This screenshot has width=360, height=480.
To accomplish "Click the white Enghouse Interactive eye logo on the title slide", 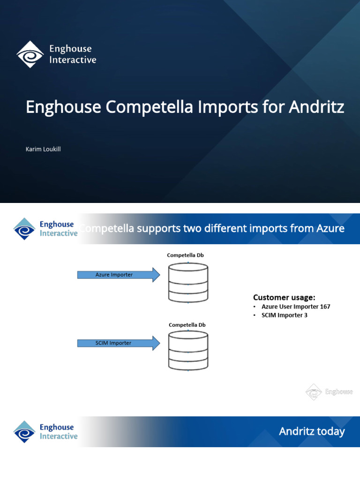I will [x=30, y=54].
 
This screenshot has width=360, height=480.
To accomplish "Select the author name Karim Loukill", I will [x=43, y=149].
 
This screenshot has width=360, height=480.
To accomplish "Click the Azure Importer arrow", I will [x=118, y=275].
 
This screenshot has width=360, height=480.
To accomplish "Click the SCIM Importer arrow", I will [x=118, y=343].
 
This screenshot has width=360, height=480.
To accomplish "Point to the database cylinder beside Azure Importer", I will [x=187, y=282].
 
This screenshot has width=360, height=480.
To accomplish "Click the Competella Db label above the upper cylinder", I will [x=186, y=255].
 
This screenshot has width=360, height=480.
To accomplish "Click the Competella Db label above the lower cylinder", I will [x=187, y=324].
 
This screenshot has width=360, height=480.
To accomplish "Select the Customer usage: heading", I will [x=284, y=297].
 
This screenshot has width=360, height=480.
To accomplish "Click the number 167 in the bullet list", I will [x=323, y=307].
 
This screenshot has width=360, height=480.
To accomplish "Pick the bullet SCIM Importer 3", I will [x=285, y=315].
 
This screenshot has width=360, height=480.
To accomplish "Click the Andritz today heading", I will [x=312, y=431].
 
